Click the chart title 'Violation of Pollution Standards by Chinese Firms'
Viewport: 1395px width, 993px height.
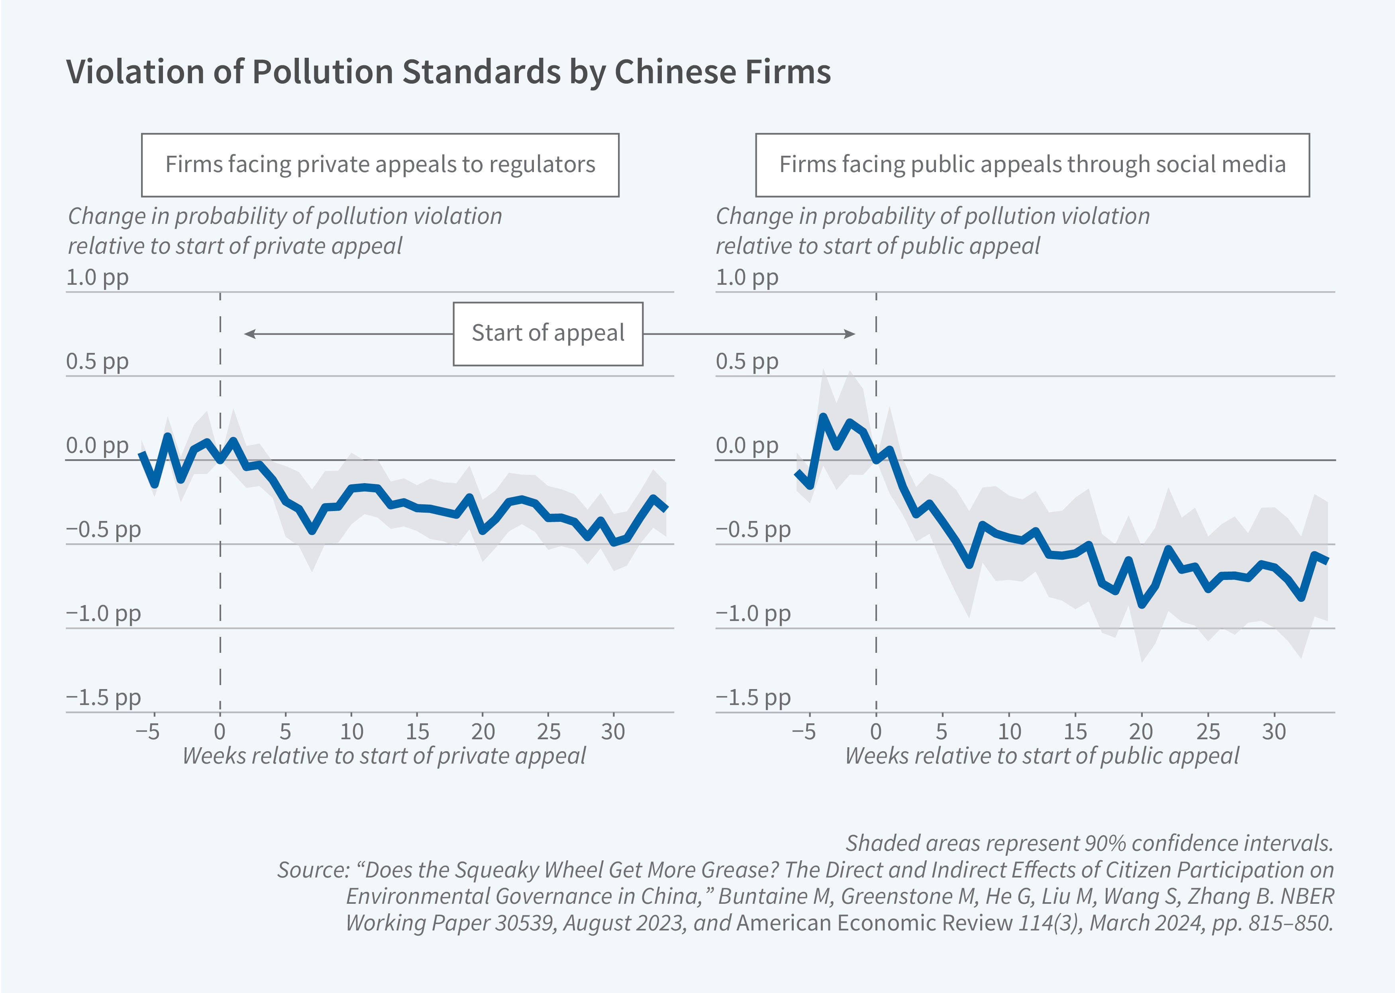(x=448, y=72)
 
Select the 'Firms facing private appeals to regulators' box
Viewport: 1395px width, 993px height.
(x=380, y=165)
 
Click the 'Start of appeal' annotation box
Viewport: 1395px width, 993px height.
(x=547, y=333)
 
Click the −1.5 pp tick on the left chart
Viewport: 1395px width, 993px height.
(x=103, y=697)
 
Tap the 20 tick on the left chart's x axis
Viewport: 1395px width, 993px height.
(x=483, y=731)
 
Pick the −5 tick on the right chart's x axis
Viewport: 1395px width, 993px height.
(x=804, y=731)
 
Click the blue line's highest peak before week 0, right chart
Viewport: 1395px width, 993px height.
(x=823, y=417)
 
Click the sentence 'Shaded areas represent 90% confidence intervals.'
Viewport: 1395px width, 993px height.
(x=1089, y=843)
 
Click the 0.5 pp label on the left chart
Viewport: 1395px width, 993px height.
(x=97, y=361)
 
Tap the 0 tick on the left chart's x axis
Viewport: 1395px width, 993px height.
(x=220, y=731)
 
